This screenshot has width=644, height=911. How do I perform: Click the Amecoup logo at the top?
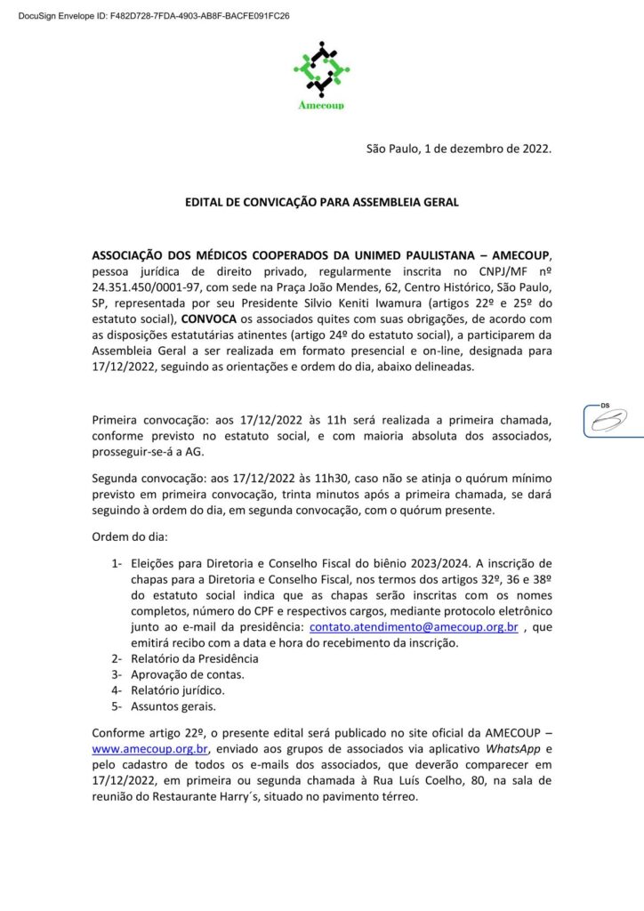click(321, 76)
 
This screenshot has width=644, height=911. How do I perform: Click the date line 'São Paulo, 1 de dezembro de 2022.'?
click(459, 149)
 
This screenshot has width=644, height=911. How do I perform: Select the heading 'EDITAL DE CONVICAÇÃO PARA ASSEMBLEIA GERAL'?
click(321, 202)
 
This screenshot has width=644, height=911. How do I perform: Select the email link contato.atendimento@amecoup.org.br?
click(414, 627)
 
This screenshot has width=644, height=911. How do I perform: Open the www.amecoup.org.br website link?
click(144, 750)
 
